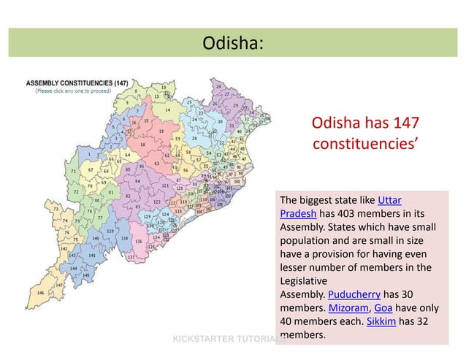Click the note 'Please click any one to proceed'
73,91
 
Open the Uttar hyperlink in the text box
389,200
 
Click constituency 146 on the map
41,292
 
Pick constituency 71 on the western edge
73,172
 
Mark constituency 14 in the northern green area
167,110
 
